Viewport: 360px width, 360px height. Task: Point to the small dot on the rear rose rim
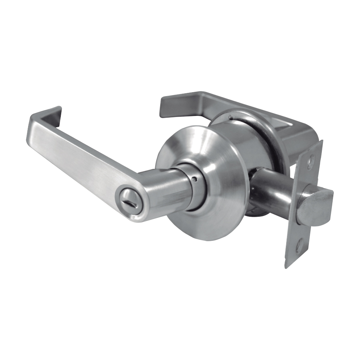[x=231, y=117]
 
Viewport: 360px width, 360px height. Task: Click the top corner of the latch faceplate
[x=321, y=141]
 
